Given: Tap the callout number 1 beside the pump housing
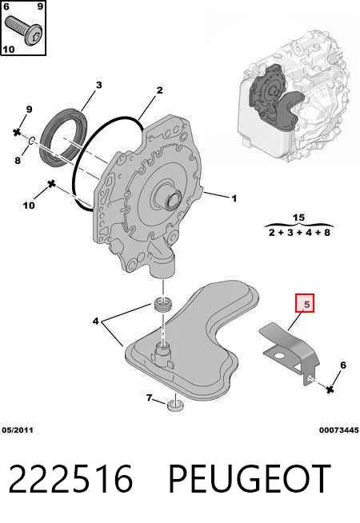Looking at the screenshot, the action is [x=234, y=198].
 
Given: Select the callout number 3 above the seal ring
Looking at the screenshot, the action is [x=98, y=85].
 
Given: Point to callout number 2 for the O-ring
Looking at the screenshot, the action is [x=159, y=90].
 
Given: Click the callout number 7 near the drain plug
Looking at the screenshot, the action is [x=149, y=397].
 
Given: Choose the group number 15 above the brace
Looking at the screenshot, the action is [x=298, y=218].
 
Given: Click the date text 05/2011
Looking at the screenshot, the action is [x=18, y=430].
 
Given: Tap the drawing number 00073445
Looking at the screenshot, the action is [x=338, y=430].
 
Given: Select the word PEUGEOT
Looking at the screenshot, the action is [x=250, y=479].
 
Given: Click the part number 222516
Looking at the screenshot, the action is [x=70, y=479].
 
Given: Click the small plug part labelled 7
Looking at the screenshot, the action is [x=175, y=406].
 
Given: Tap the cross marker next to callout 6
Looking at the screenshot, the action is [x=330, y=389].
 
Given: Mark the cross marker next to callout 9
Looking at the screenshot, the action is [x=17, y=132].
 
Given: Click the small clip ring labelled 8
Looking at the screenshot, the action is [x=31, y=141].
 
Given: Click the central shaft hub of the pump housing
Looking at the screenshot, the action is [x=173, y=200].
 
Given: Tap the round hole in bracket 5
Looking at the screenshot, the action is [x=278, y=356].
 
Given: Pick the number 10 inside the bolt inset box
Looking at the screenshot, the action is [x=8, y=50].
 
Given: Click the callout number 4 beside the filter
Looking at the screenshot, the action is [x=96, y=321].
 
